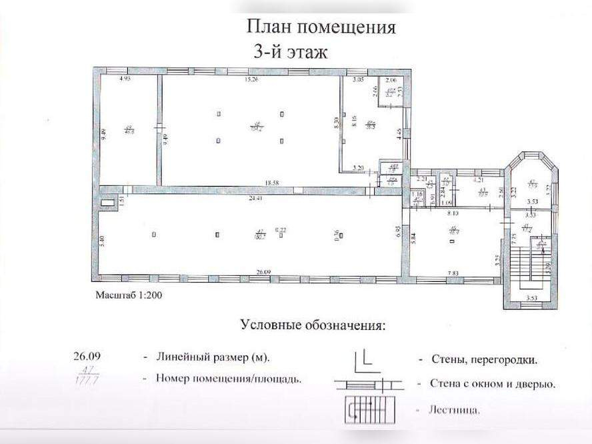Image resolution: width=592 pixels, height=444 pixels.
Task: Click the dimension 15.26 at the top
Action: pos(251,80)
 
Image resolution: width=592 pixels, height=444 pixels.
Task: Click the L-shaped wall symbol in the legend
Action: pos(363,358)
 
